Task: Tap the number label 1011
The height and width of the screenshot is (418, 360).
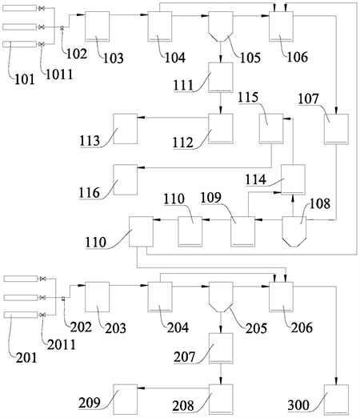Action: [59, 74]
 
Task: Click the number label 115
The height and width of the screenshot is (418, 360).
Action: [248, 98]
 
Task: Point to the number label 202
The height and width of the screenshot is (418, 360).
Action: [81, 327]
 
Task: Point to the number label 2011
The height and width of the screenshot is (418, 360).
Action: [62, 345]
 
